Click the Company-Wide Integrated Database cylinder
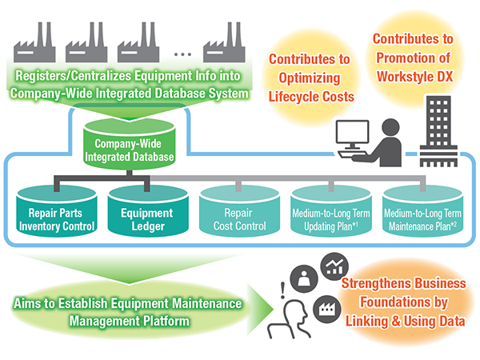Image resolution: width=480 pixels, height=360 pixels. click(129, 145)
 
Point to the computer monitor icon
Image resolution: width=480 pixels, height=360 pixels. click(352, 135)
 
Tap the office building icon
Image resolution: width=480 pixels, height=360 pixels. click(438, 131)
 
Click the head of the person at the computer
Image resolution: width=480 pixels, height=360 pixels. click(390, 127)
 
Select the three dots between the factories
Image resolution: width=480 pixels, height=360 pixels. click(182, 54)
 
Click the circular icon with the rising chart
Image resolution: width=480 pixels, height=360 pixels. click(334, 266)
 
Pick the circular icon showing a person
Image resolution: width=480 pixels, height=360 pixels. click(304, 279)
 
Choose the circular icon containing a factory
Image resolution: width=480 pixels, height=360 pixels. click(327, 309)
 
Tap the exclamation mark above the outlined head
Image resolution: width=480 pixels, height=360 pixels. click(282, 290)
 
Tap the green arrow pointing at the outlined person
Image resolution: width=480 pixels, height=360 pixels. click(259, 310)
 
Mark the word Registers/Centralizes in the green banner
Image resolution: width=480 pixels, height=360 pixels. click(74, 76)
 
